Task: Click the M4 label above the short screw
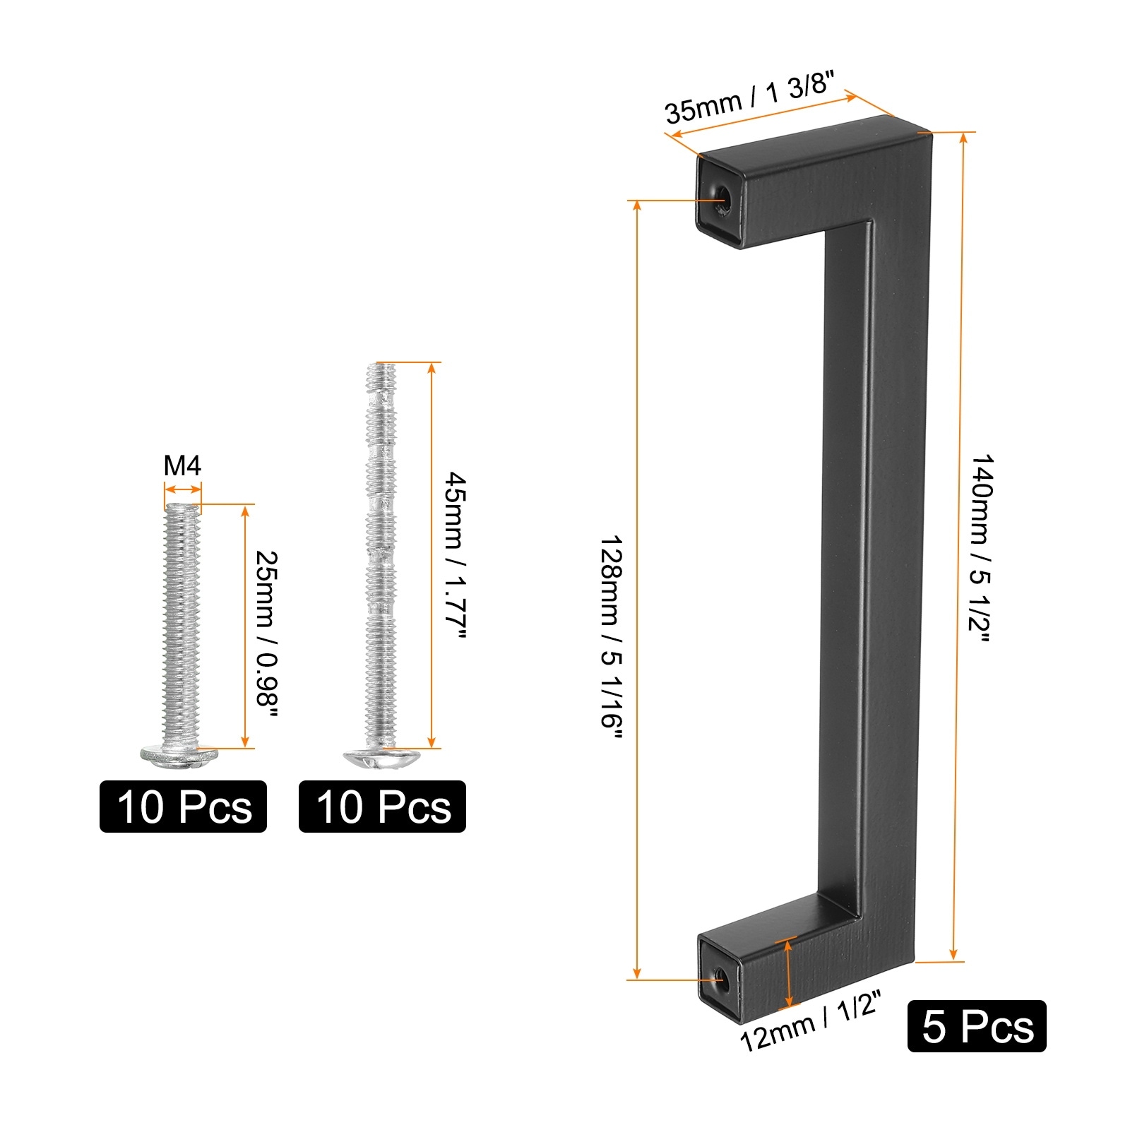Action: [x=182, y=466]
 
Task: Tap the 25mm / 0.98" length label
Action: [x=266, y=634]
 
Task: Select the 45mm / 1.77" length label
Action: [x=455, y=557]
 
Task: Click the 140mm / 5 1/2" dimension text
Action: [x=981, y=548]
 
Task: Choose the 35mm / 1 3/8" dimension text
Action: [x=750, y=99]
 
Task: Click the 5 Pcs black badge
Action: [x=977, y=1026]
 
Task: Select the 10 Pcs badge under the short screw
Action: [x=183, y=807]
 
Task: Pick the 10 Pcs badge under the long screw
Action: [x=382, y=807]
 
